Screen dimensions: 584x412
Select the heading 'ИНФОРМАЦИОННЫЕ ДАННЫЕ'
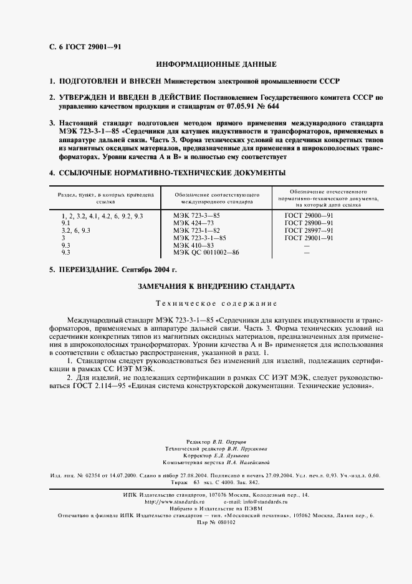click(216, 64)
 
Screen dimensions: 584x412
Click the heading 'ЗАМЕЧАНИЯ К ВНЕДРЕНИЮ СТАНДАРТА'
click(216, 286)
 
